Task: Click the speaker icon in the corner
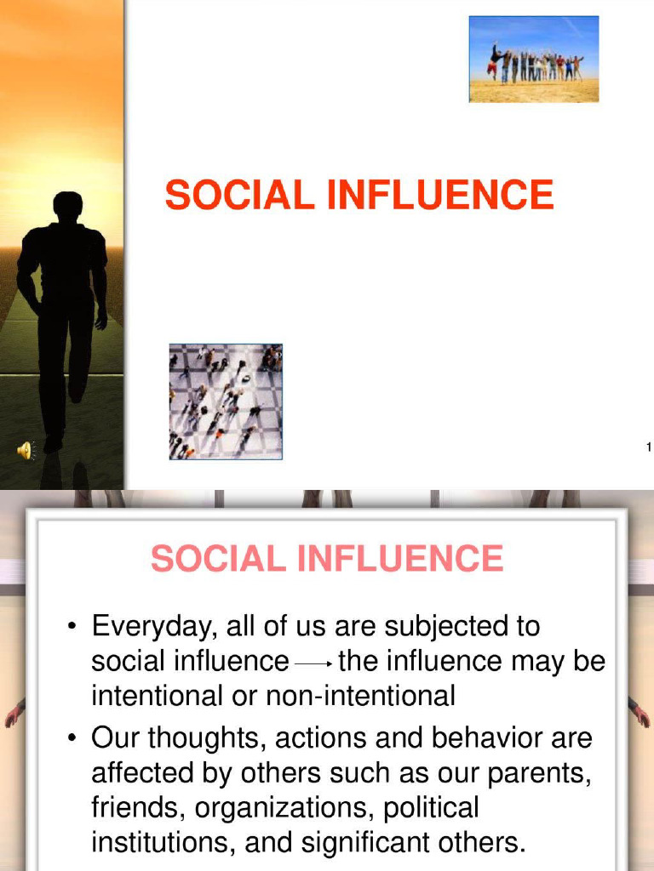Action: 23,450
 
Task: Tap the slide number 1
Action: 648,447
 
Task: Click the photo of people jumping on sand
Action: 534,59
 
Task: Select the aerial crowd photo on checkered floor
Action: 226,401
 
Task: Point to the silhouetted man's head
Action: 68,207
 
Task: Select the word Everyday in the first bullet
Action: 152,628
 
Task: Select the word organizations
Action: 279,808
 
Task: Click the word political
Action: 432,808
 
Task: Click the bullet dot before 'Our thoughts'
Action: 74,739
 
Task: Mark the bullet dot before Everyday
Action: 74,628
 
